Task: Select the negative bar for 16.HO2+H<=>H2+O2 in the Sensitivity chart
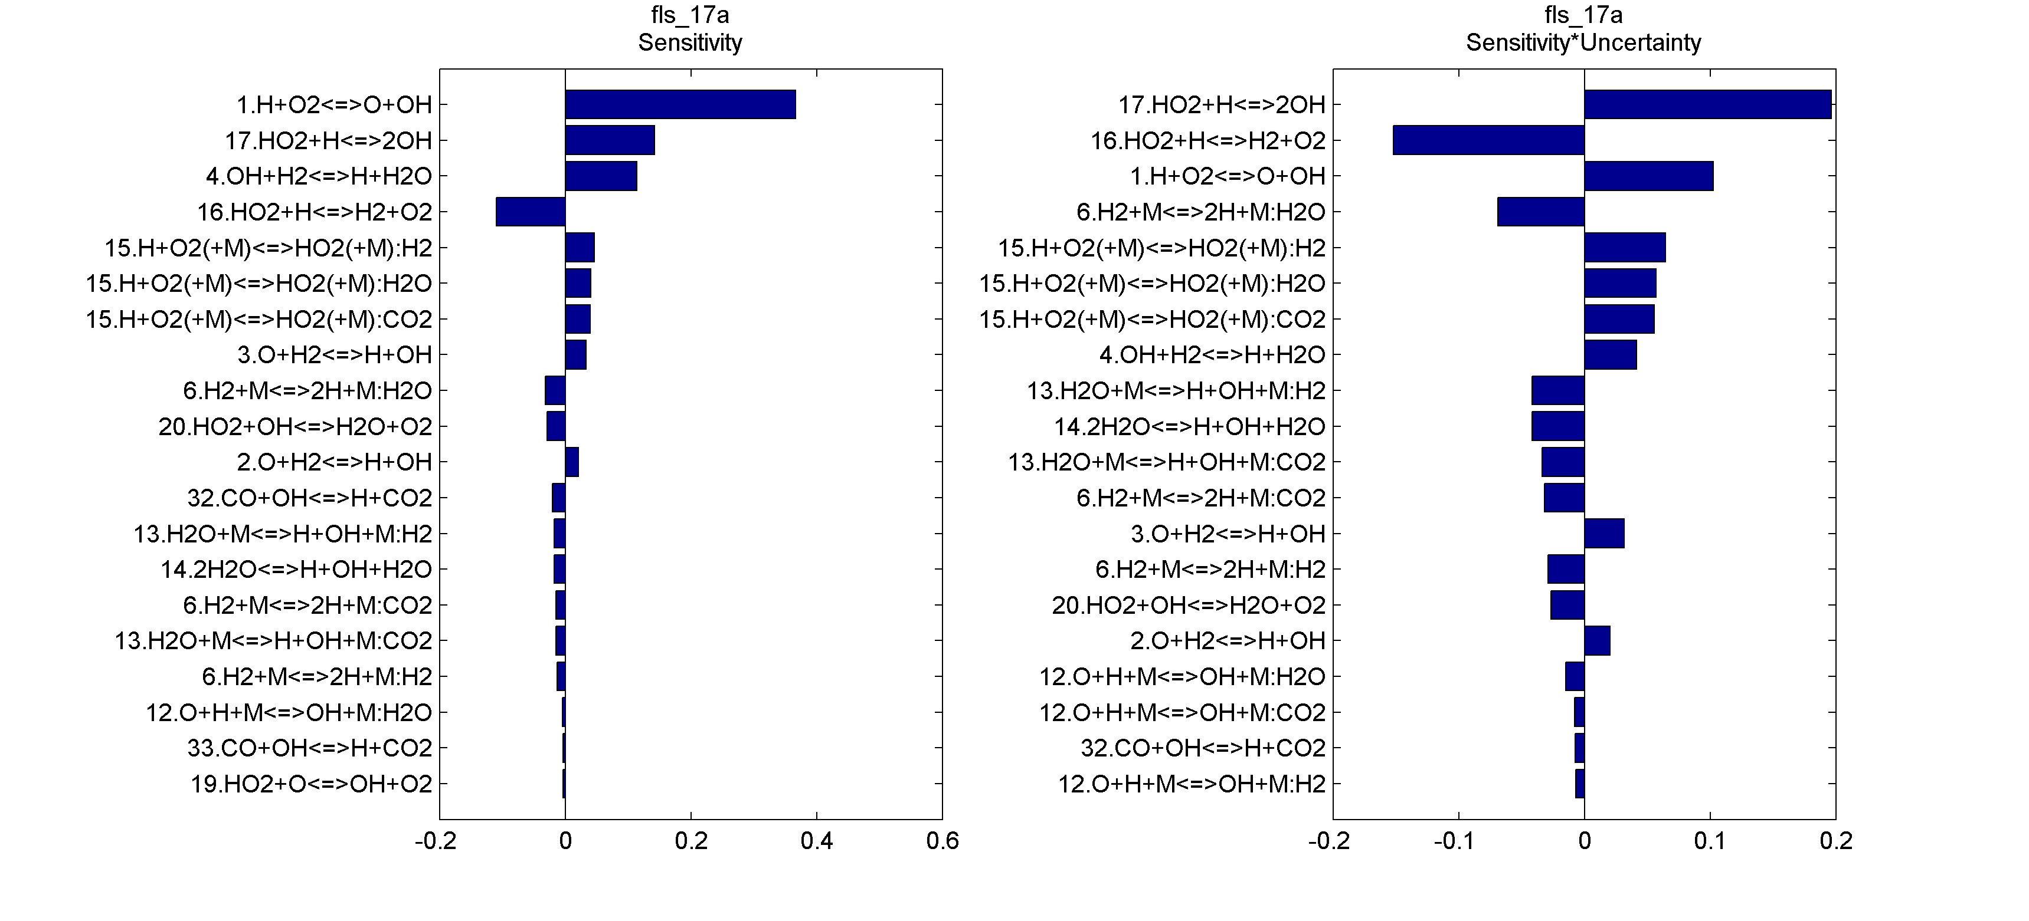click(x=530, y=212)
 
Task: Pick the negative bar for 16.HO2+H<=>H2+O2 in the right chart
click(x=1488, y=140)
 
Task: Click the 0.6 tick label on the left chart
click(x=942, y=841)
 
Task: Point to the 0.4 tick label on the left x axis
click(x=816, y=841)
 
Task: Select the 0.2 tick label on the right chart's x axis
click(x=1835, y=841)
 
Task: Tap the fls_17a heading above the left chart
click(x=689, y=15)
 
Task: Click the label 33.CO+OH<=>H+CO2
click(x=310, y=748)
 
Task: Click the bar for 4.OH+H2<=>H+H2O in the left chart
click(x=601, y=176)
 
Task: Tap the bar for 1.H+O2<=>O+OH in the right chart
click(x=1648, y=176)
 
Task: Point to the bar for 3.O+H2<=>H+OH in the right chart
click(x=1603, y=534)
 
